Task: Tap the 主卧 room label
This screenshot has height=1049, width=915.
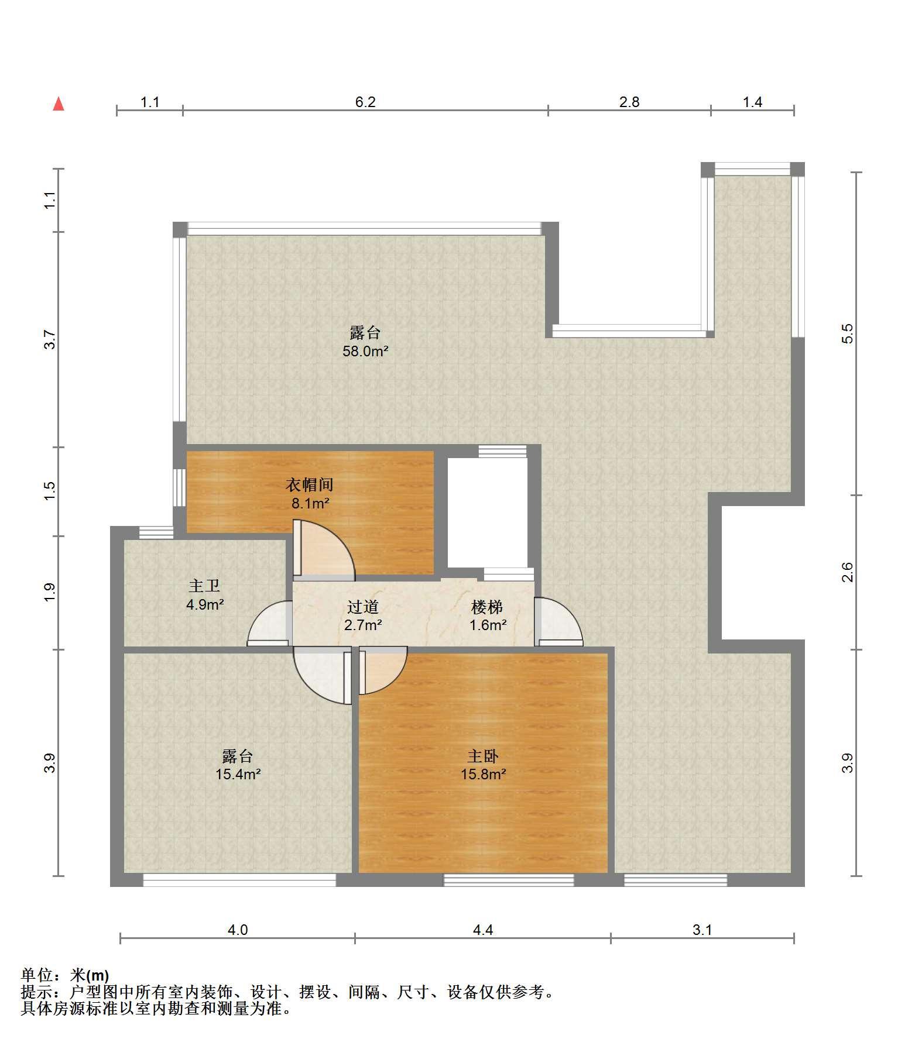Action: [483, 756]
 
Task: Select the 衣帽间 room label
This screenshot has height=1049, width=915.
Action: [310, 484]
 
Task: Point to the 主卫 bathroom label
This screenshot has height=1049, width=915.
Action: [204, 586]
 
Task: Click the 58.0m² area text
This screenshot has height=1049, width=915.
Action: [366, 352]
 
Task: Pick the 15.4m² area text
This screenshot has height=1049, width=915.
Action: [238, 775]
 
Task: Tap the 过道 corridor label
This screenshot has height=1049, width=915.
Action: [363, 607]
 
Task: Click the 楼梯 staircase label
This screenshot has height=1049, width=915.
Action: [488, 607]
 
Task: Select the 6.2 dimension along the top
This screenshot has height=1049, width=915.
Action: [365, 102]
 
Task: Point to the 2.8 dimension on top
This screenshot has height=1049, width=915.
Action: [629, 102]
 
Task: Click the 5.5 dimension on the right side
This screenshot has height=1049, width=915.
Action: [848, 333]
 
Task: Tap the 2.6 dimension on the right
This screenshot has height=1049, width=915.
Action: [848, 572]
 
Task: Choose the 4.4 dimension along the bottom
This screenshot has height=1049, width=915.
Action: [483, 930]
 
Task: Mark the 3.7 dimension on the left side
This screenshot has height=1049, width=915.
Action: [50, 340]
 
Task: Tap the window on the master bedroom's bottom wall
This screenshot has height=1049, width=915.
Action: [508, 879]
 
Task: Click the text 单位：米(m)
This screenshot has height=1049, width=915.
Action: [65, 975]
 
